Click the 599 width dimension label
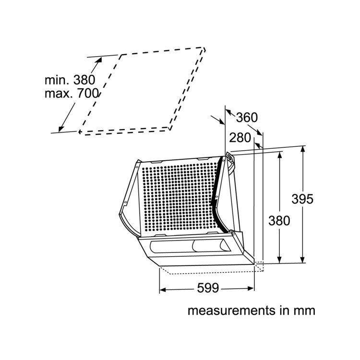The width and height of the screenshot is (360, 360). (208, 288)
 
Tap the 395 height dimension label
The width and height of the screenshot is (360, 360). (302, 199)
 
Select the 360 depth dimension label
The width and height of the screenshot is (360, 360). (247, 117)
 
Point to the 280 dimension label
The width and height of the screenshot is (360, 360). (240, 138)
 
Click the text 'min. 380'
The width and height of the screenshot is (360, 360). (70, 80)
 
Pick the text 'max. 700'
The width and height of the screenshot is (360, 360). (72, 94)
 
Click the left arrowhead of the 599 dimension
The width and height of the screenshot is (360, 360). (163, 290)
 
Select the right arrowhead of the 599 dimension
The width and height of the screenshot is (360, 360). (251, 288)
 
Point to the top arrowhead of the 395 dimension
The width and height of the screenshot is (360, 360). (303, 149)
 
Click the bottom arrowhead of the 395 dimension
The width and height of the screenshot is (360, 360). (303, 259)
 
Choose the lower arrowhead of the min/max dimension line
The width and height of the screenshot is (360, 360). (61, 129)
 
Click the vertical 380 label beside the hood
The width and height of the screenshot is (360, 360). (279, 221)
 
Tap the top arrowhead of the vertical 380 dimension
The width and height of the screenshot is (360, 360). (279, 155)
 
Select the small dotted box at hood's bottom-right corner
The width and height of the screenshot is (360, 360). (259, 266)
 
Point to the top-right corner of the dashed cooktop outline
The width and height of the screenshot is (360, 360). (204, 48)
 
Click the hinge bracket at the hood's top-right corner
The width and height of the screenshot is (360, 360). (230, 161)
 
